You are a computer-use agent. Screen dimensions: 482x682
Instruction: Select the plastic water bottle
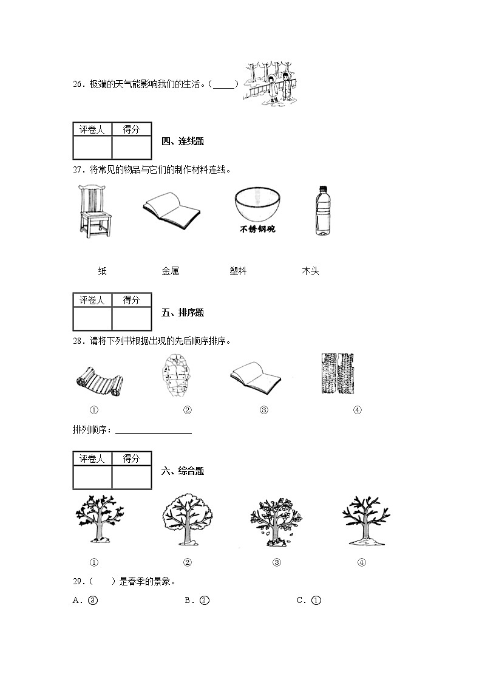[x=322, y=210]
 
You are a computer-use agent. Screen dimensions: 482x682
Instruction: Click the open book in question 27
[x=172, y=210]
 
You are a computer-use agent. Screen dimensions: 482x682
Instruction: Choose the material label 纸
[x=102, y=271]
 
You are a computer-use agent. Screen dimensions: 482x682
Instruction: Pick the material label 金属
[x=170, y=271]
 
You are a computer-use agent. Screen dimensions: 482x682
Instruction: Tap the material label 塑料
[x=238, y=271]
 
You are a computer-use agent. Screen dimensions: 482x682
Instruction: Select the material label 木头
[x=310, y=271]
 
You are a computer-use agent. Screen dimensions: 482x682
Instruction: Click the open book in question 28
[x=256, y=377]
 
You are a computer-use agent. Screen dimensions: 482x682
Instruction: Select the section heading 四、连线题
[x=183, y=142]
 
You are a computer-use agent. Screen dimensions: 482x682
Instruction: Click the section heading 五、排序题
[x=183, y=313]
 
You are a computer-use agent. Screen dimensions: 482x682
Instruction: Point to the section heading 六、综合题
[x=183, y=471]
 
